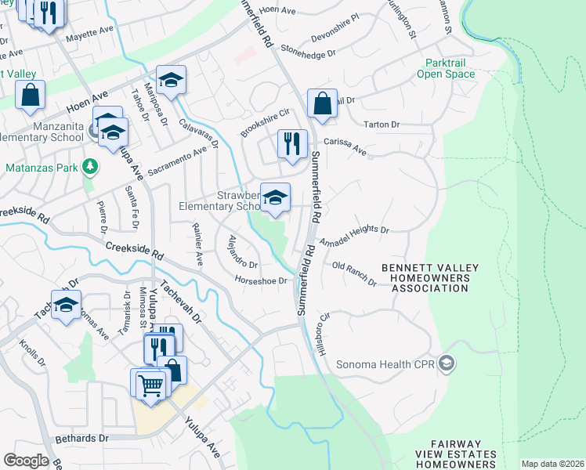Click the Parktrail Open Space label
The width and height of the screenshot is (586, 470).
pos(450,68)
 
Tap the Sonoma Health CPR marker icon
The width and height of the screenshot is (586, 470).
pos(447,363)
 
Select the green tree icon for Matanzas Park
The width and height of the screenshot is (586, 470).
pos(91,167)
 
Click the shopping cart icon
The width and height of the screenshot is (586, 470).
pos(149,385)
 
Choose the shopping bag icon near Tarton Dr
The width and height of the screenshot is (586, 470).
pos(322,103)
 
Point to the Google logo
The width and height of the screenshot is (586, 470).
pos(25,461)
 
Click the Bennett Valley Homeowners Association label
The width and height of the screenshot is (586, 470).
pos(426,278)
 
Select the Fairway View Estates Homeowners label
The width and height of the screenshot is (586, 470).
pos(455,459)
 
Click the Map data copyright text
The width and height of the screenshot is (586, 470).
pos(552,464)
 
